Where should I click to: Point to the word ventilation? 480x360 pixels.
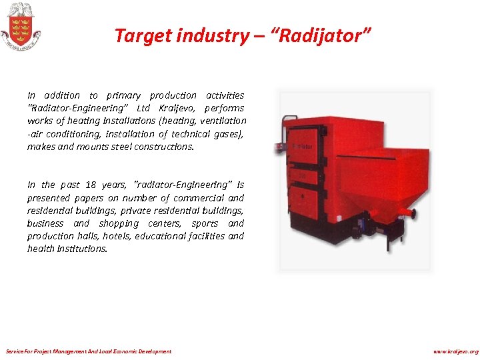click(222, 121)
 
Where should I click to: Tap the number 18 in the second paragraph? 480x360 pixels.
click(91, 185)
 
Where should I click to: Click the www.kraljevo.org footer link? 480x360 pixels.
click(455, 351)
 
